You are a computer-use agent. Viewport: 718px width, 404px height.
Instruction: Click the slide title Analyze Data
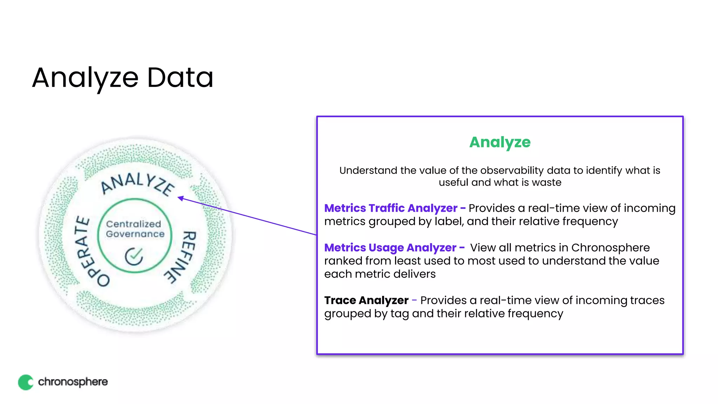click(x=123, y=78)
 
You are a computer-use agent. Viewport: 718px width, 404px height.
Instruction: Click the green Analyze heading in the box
click(x=500, y=142)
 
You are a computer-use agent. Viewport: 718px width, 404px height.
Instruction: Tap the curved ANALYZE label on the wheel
click(x=137, y=184)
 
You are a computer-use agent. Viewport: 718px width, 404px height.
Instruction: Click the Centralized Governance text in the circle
click(x=135, y=229)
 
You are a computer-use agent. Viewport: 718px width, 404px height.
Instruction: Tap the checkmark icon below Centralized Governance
click(x=134, y=256)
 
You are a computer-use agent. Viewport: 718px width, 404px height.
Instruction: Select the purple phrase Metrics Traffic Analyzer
click(x=391, y=208)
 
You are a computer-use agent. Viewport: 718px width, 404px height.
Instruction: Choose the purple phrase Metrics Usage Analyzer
click(x=390, y=248)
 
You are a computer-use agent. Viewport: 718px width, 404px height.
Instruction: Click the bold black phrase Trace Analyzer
click(x=366, y=301)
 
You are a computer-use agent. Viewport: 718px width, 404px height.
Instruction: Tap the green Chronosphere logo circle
click(x=26, y=382)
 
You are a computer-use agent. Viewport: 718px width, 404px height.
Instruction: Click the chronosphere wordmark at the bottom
click(x=73, y=382)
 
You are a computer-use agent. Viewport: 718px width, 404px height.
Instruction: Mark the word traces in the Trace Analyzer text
click(x=647, y=301)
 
